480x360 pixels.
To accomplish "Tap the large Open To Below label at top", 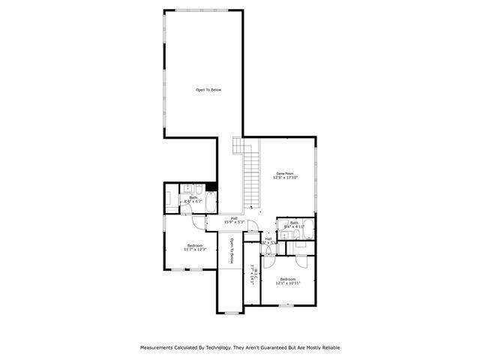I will tap(208, 90).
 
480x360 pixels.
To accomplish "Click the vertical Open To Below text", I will tap(232, 250).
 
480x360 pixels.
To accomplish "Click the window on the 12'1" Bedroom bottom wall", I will tap(285, 304).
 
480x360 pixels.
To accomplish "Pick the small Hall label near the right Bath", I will tap(268, 239).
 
